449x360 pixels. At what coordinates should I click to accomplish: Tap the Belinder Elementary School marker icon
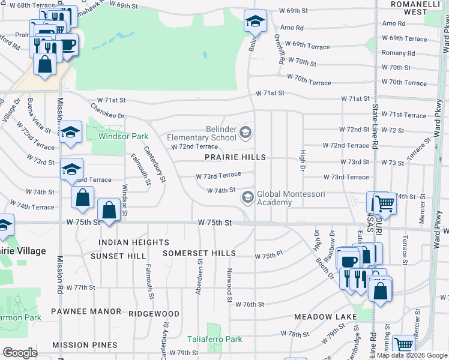[x=245, y=132]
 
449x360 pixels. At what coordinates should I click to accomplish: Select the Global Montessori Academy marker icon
[x=247, y=197]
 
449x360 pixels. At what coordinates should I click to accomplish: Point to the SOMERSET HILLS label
[x=199, y=254]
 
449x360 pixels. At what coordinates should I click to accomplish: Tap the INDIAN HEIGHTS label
[x=134, y=242]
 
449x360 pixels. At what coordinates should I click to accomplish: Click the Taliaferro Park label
[x=214, y=340]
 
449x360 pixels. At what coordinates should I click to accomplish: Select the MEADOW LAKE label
[x=322, y=316]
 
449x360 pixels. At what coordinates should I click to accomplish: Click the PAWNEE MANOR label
[x=86, y=313]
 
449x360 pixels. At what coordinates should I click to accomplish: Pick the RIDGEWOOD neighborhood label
[x=154, y=313]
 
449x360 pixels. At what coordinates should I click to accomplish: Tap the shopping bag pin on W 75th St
[x=108, y=211]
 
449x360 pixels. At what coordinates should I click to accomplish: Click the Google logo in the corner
[x=20, y=353]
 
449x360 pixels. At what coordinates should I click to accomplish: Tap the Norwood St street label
[x=229, y=285]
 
